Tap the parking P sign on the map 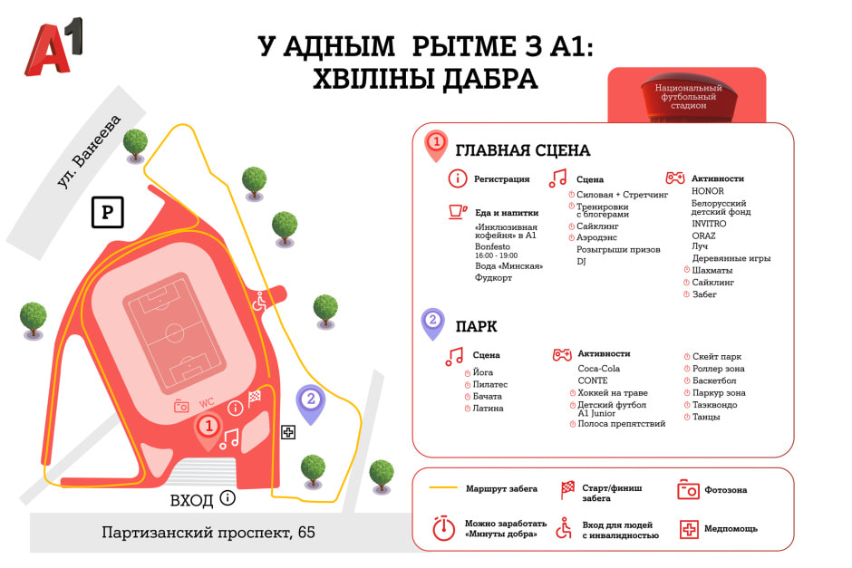(107, 213)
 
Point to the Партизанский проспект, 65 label (208, 532)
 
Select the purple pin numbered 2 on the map (311, 400)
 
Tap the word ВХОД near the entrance (192, 500)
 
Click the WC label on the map (207, 402)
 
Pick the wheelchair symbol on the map (259, 301)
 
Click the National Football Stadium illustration (686, 96)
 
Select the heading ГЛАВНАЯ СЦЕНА (522, 150)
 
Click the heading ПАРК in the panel (476, 326)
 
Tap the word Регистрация (501, 179)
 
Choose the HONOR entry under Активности (707, 192)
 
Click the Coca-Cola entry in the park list (598, 369)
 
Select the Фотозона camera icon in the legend (688, 489)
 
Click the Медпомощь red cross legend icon (688, 528)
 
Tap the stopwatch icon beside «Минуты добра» (443, 528)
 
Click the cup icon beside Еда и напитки (458, 212)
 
